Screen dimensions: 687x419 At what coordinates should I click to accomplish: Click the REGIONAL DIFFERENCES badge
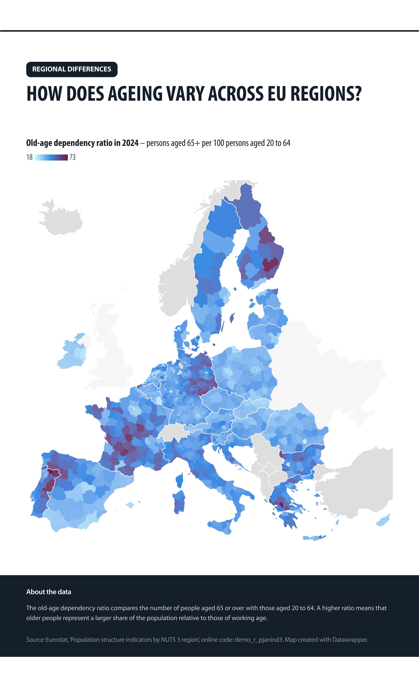coord(72,69)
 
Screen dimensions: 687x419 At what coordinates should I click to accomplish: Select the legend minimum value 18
coord(29,157)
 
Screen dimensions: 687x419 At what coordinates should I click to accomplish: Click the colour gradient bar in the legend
coord(51,157)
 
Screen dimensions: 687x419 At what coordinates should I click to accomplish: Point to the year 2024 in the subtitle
coord(130,143)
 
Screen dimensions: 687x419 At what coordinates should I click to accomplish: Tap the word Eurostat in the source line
coord(57,640)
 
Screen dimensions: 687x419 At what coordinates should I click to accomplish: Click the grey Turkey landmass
coord(360,491)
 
